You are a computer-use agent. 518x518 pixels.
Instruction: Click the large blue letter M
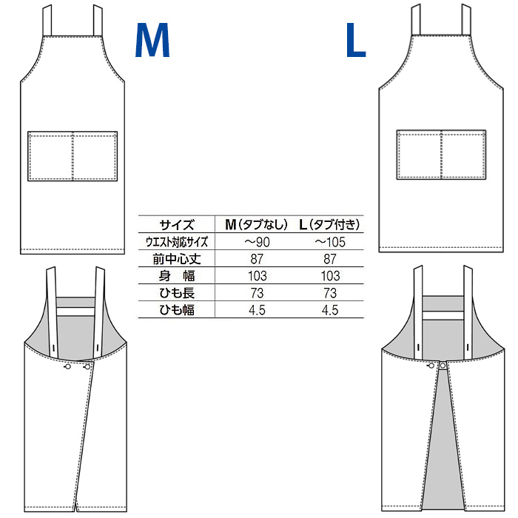click(152, 40)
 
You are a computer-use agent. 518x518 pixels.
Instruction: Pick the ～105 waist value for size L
click(329, 242)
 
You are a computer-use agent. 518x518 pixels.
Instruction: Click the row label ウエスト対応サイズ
click(177, 242)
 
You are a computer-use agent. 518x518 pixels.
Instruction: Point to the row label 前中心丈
click(177, 259)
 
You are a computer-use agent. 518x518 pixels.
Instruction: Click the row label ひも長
click(177, 293)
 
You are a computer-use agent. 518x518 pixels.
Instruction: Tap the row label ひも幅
click(177, 310)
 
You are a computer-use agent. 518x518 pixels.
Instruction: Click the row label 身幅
click(177, 276)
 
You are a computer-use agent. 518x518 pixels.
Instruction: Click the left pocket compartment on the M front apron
click(50, 156)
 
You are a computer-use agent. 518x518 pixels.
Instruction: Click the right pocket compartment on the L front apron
click(464, 155)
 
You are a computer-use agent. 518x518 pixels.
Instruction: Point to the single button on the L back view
click(443, 366)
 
